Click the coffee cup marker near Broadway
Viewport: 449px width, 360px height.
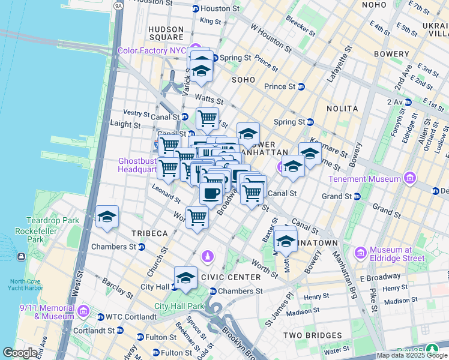click(211, 194)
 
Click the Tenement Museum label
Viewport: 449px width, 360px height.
click(364, 179)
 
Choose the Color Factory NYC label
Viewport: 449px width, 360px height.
click(152, 50)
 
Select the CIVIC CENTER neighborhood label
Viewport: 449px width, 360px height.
click(231, 277)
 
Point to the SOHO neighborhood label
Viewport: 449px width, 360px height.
click(243, 79)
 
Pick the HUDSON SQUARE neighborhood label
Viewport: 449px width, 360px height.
click(166, 33)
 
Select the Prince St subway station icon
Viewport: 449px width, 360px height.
click(301, 86)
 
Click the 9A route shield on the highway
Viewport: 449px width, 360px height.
click(118, 5)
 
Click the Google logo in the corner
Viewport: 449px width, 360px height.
click(20, 353)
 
